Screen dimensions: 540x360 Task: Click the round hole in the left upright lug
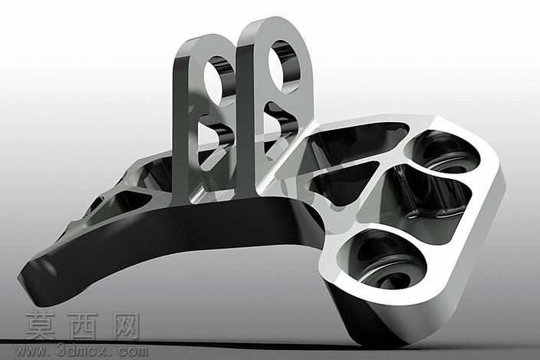[x=217, y=80]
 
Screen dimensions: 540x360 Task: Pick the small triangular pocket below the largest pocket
[x=344, y=183]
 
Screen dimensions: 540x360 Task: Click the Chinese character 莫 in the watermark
[x=41, y=325]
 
